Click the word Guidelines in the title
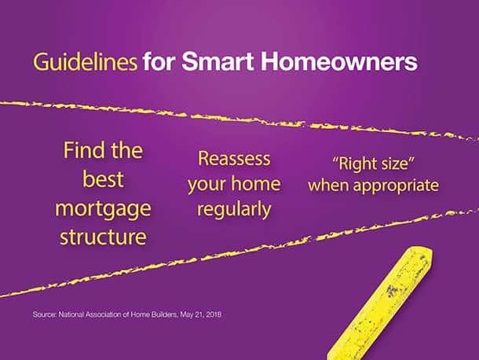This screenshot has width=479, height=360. pos(85,62)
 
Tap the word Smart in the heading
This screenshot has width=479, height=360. pos(218,61)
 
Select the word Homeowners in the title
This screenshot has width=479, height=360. pos(338,61)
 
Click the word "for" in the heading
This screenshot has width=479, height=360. pos(159,61)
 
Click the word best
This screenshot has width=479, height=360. pos(103,179)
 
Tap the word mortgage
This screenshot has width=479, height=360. pos(103,210)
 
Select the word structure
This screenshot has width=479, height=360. pos(103,237)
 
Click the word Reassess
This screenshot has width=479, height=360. pos(234,159)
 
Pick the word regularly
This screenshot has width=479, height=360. pos(234,211)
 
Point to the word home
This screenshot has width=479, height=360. pos(256,183)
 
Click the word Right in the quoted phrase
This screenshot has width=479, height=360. pos(354,164)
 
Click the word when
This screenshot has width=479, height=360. pos(328,185)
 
